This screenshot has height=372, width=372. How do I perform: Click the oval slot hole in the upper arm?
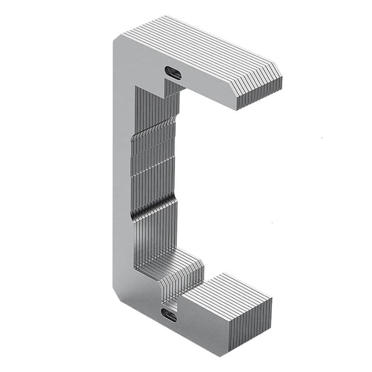coord(173,72)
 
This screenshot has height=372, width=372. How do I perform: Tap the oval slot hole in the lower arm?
coord(169,316)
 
